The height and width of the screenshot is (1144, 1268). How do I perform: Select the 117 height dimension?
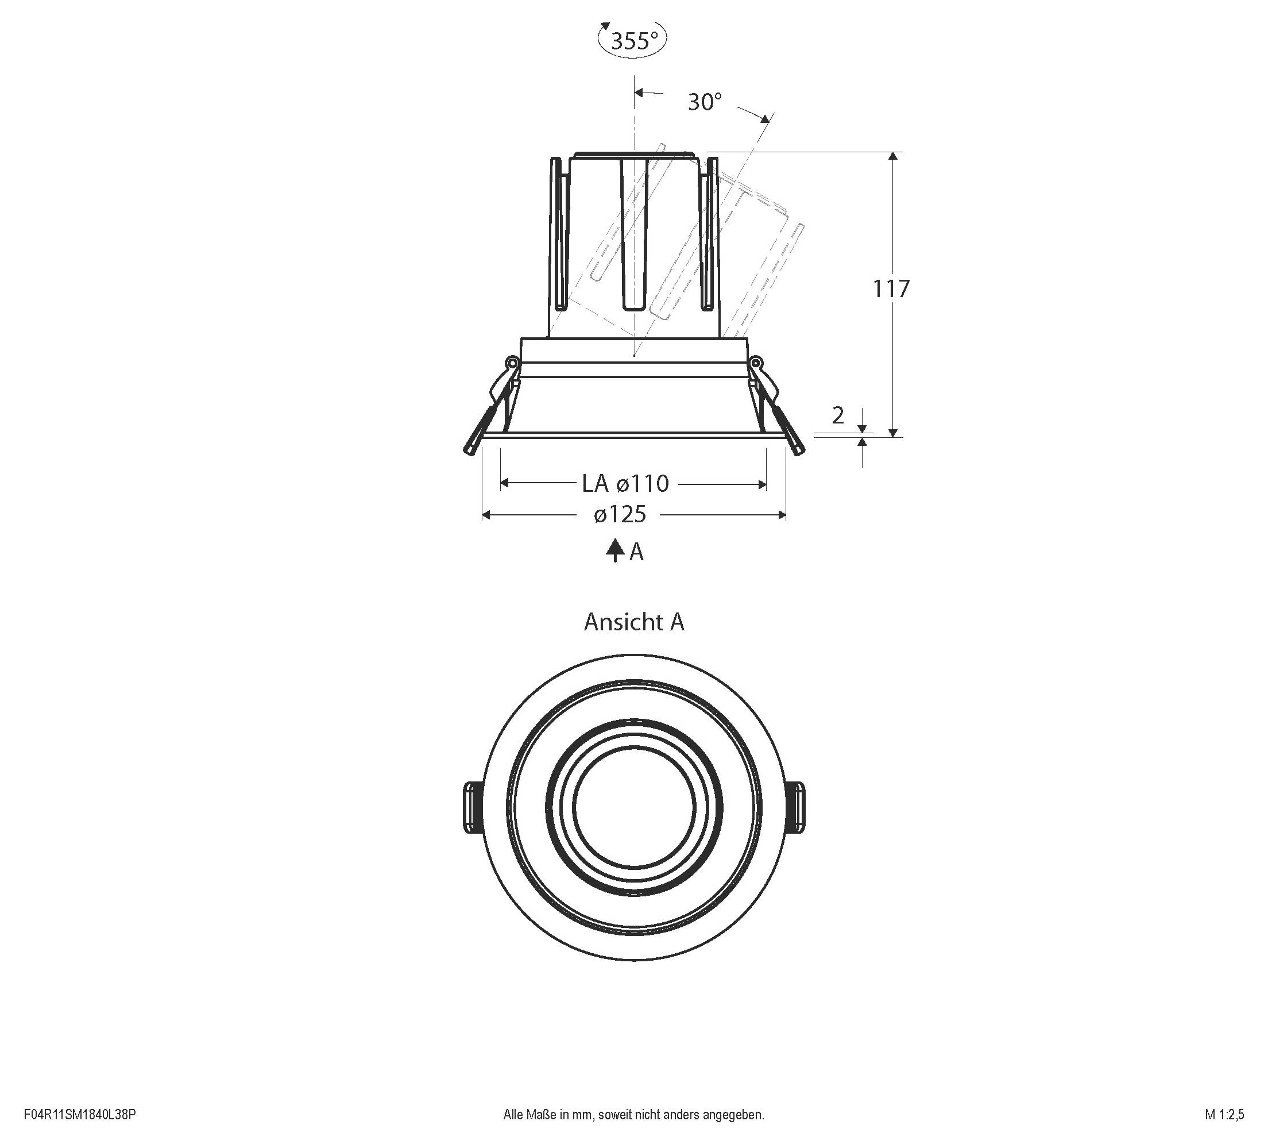[x=891, y=288]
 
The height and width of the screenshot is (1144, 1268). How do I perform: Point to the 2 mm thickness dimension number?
[x=838, y=415]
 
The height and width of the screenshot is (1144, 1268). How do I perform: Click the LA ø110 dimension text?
[x=625, y=483]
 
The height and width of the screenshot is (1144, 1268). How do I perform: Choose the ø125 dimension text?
[x=620, y=514]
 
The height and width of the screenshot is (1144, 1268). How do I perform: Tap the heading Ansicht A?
[x=633, y=622]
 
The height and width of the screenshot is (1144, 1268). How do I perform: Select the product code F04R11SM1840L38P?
[x=80, y=1115]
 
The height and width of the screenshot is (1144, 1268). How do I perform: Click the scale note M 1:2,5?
[x=1224, y=1115]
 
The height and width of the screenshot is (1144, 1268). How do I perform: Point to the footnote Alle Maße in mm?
[x=633, y=1115]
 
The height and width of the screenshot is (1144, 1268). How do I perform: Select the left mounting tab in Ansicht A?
[x=473, y=807]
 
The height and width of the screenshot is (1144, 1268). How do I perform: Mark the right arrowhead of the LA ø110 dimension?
[x=762, y=484]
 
